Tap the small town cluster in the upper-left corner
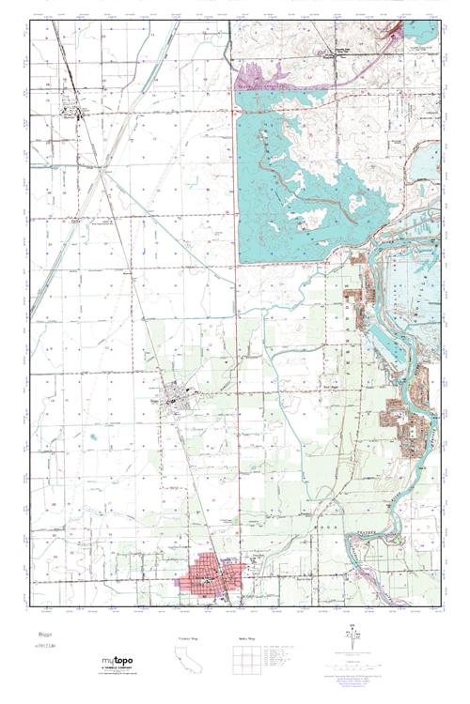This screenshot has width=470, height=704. [73, 114]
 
